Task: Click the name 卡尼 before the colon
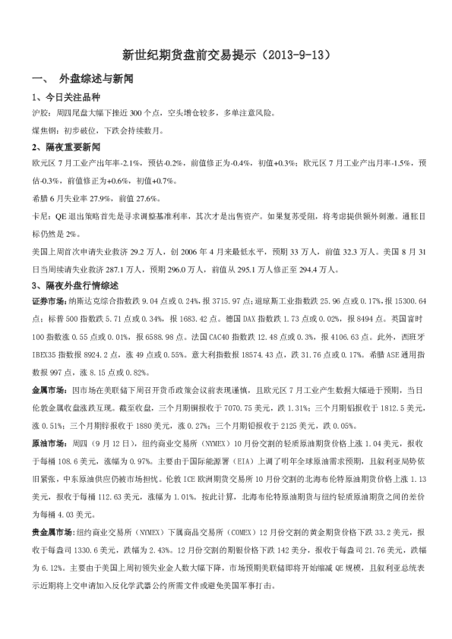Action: pyautogui.click(x=40, y=216)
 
